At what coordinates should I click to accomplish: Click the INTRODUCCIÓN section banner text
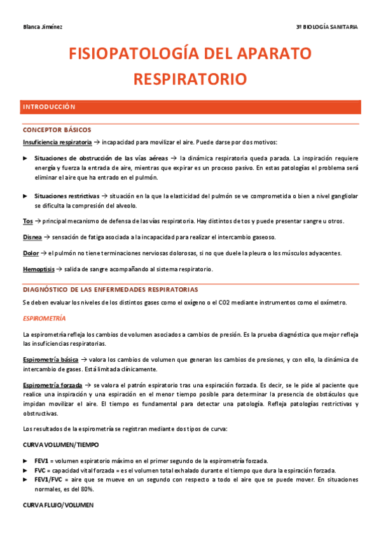(x=48, y=107)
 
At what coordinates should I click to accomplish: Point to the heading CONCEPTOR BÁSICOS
(x=57, y=130)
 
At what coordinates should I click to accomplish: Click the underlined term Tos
(x=27, y=221)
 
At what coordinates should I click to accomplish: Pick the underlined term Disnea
(x=32, y=237)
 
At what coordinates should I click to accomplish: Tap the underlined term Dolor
(x=31, y=253)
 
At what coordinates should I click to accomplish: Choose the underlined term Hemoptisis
(x=39, y=269)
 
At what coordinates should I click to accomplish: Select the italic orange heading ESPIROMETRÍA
(x=44, y=317)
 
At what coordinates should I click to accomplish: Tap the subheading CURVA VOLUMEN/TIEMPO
(x=60, y=444)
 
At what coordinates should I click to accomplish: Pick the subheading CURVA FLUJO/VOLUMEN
(x=57, y=505)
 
